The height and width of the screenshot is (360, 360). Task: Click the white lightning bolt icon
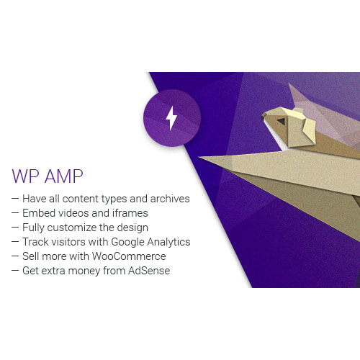click(x=171, y=117)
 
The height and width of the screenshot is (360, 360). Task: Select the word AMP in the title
click(x=61, y=176)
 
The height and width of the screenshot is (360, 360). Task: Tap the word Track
click(x=35, y=242)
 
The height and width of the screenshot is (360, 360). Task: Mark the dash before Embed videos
click(x=15, y=212)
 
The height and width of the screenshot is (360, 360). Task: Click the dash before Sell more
click(x=15, y=256)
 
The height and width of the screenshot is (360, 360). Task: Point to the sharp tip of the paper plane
click(x=199, y=156)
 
